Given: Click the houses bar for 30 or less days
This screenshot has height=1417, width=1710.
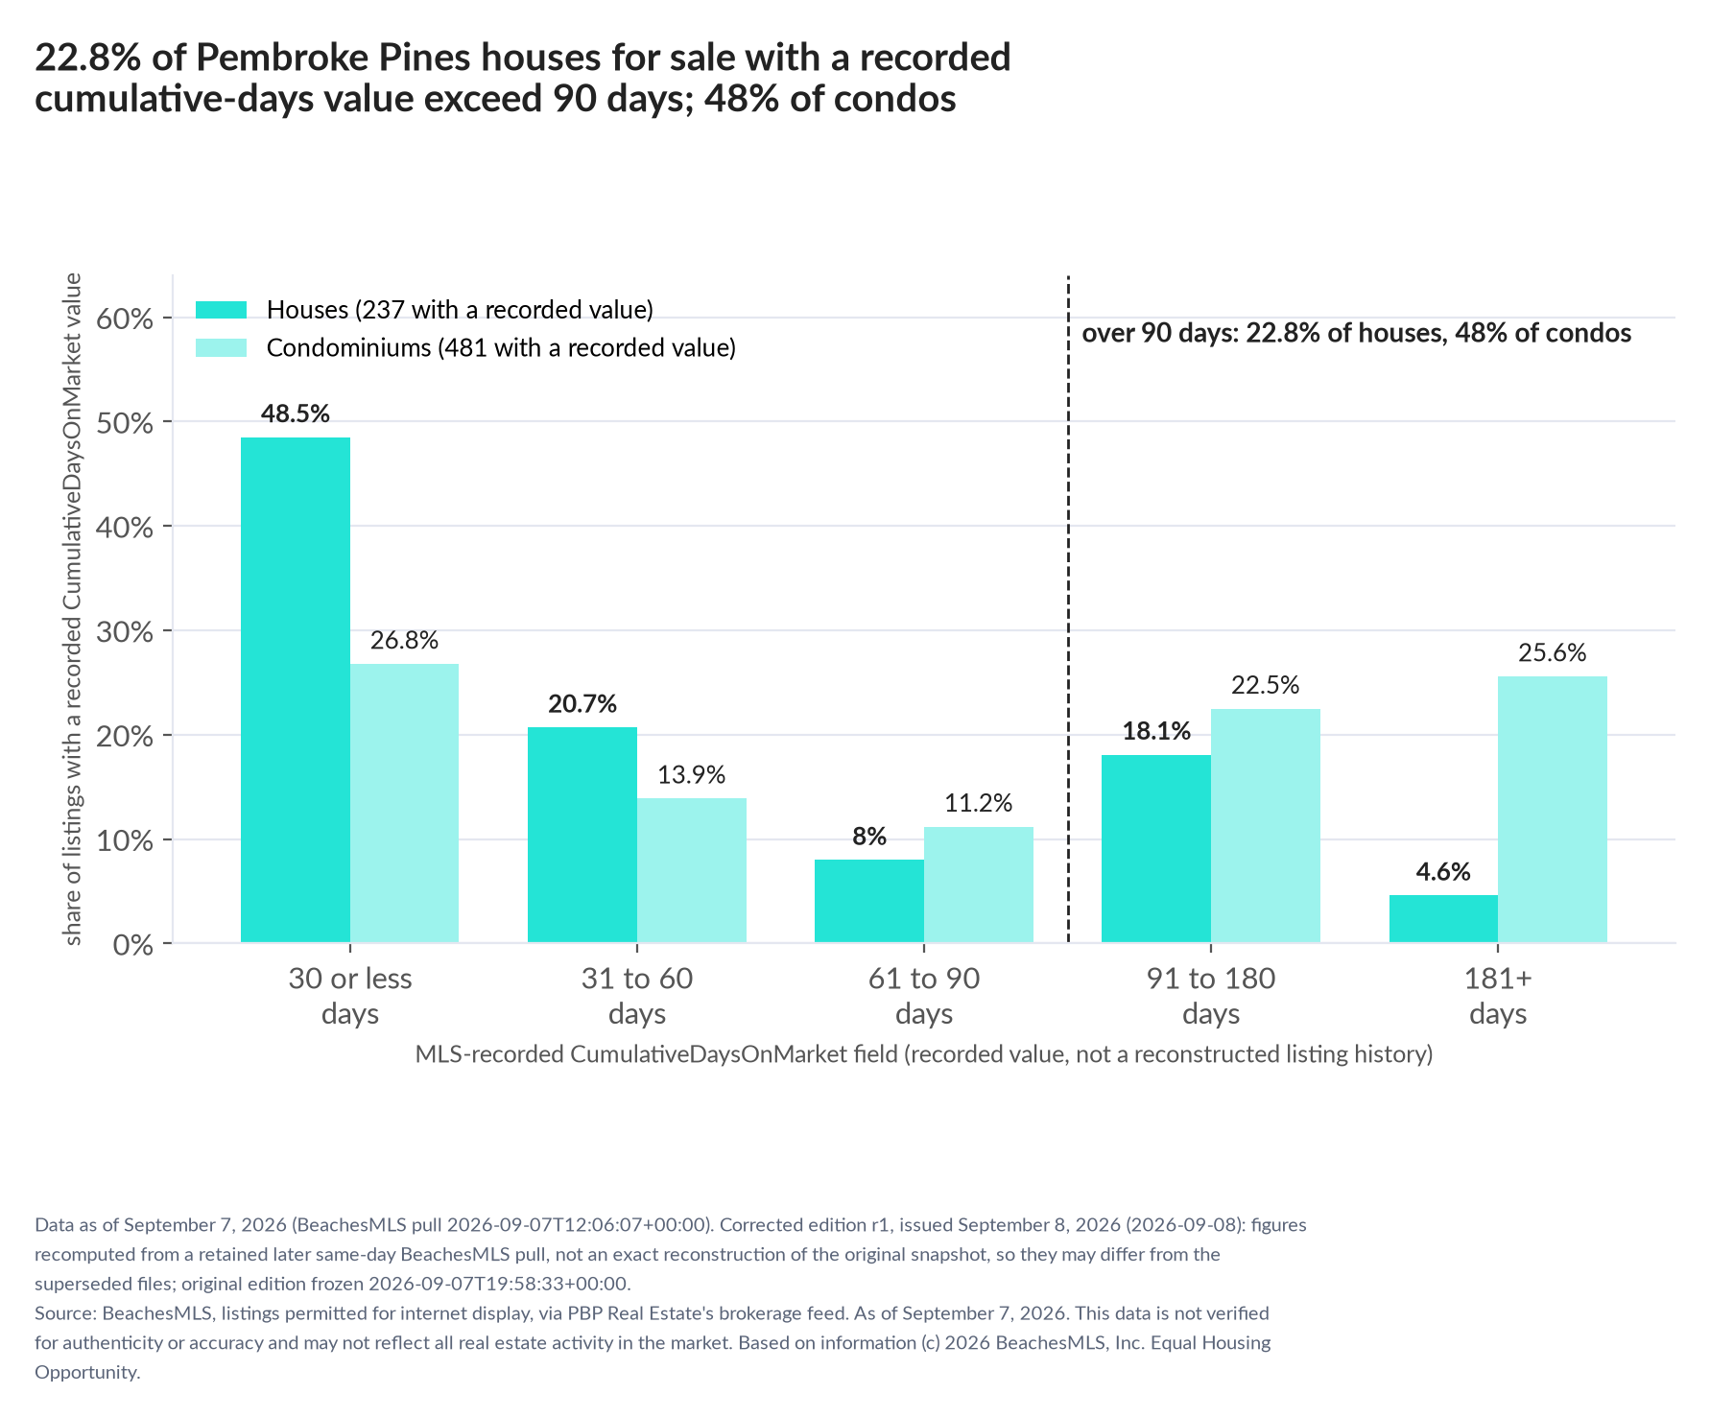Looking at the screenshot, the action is click(296, 690).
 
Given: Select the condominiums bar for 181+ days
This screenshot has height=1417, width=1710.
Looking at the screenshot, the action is click(1553, 810).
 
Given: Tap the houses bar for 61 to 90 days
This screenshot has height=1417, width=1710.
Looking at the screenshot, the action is click(869, 901).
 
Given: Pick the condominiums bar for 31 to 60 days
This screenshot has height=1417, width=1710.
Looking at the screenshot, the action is click(692, 870).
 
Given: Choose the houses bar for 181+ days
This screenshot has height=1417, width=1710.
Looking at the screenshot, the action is click(1443, 919).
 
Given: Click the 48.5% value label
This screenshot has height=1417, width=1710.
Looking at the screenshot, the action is click(296, 414).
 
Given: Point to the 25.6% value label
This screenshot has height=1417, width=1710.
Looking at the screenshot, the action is click(1553, 653).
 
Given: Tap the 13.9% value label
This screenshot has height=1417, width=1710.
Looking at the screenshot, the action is click(692, 775).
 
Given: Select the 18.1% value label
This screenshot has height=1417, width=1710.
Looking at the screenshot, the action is click(1156, 732).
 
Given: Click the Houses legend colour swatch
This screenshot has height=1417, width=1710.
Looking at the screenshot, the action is click(222, 310).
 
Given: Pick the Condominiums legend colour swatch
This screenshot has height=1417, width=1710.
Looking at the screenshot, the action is click(222, 347).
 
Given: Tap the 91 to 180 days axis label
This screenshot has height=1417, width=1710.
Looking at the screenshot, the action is click(1211, 997).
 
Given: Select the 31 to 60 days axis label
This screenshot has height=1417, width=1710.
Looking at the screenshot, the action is click(637, 997).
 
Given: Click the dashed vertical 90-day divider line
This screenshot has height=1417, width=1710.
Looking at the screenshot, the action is click(1068, 609).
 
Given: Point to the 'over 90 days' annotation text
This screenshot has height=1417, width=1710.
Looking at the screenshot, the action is click(1357, 334).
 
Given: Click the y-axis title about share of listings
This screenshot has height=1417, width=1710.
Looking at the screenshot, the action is click(73, 609).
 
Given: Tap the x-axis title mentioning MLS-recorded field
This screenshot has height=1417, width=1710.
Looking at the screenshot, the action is click(924, 1054).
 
